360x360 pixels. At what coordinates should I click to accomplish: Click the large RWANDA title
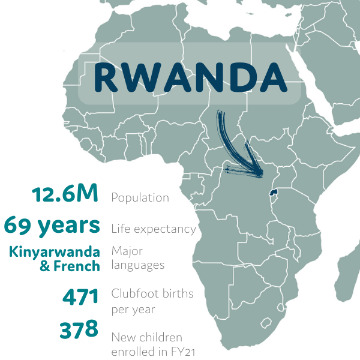190,76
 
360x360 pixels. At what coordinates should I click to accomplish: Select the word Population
140,197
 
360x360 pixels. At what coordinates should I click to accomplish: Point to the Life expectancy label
154,229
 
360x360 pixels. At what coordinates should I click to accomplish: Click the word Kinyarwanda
55,251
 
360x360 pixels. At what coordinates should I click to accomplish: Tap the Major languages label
137,257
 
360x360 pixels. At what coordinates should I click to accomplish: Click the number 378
79,329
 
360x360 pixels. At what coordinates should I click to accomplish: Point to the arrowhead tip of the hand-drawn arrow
263,176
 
